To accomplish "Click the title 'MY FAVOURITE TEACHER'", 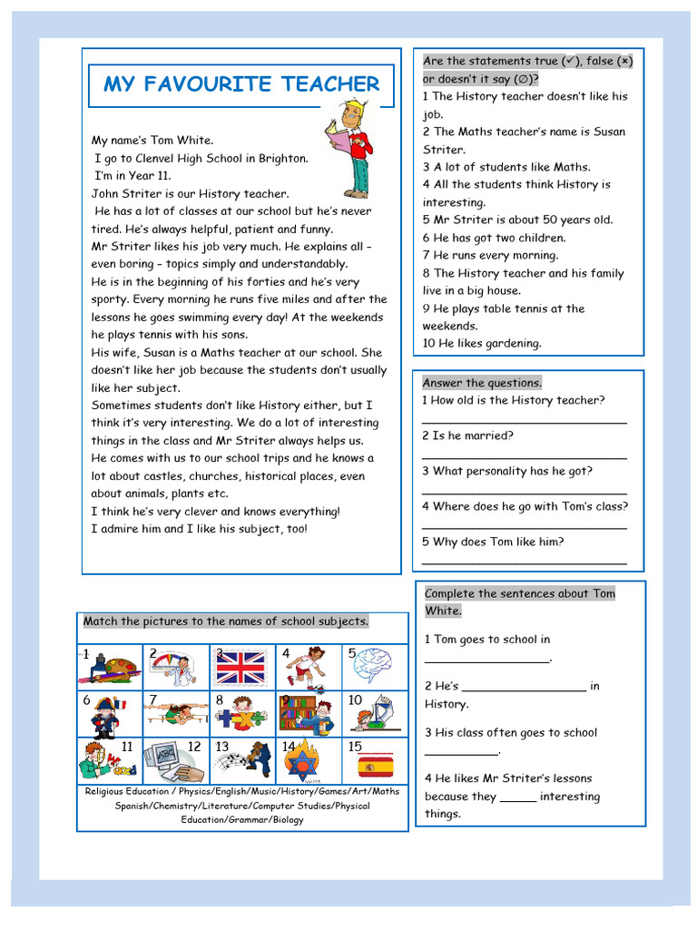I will (241, 84).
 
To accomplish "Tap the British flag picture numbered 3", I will (241, 668).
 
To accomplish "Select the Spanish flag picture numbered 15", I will (372, 763).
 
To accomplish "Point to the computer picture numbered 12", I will (174, 762).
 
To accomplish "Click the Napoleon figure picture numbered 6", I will (105, 716).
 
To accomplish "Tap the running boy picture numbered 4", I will (306, 667).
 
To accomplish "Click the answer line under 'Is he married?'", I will (525, 457).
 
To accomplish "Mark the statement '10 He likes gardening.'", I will (482, 344).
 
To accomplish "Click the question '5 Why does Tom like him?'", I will (493, 542).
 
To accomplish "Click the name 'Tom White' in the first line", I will (185, 141).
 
